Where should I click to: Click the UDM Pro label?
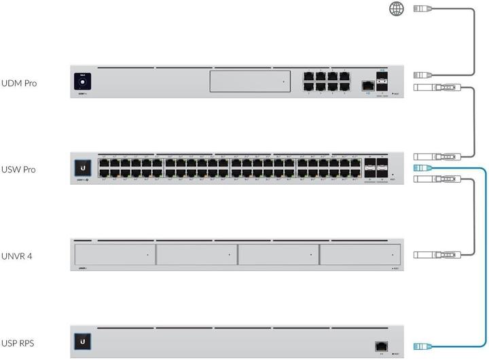click(20, 84)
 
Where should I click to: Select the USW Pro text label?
click(20, 169)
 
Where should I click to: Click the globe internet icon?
click(395, 8)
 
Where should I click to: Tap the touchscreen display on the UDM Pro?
click(84, 82)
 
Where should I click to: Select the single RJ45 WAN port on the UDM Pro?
click(366, 86)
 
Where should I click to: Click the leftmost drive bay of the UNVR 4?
click(113, 255)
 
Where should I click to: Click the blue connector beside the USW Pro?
click(422, 168)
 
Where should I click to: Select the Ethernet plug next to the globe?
click(423, 9)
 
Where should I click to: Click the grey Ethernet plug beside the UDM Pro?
click(423, 75)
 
